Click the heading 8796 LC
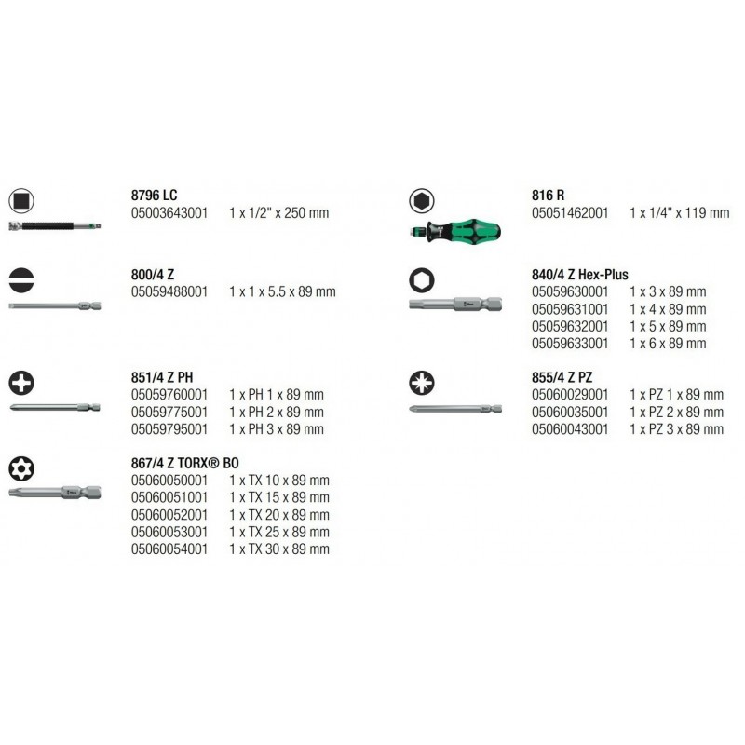click(154, 195)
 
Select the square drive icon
click(21, 200)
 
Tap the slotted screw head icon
click(21, 280)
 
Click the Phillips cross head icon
click(21, 383)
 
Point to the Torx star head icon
click(21, 468)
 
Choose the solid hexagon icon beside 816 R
click(422, 200)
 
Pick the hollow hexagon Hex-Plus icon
click(422, 280)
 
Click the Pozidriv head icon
click(422, 383)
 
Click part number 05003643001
click(169, 213)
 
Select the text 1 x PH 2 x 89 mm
click(277, 412)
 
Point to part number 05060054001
click(169, 549)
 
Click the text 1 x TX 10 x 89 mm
click(279, 481)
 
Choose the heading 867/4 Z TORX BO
click(184, 463)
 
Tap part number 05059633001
click(570, 344)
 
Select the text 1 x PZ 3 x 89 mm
click(677, 429)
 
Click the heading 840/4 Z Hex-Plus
click(579, 275)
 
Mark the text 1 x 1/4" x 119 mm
click(680, 213)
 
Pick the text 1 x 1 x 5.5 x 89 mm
click(282, 291)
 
